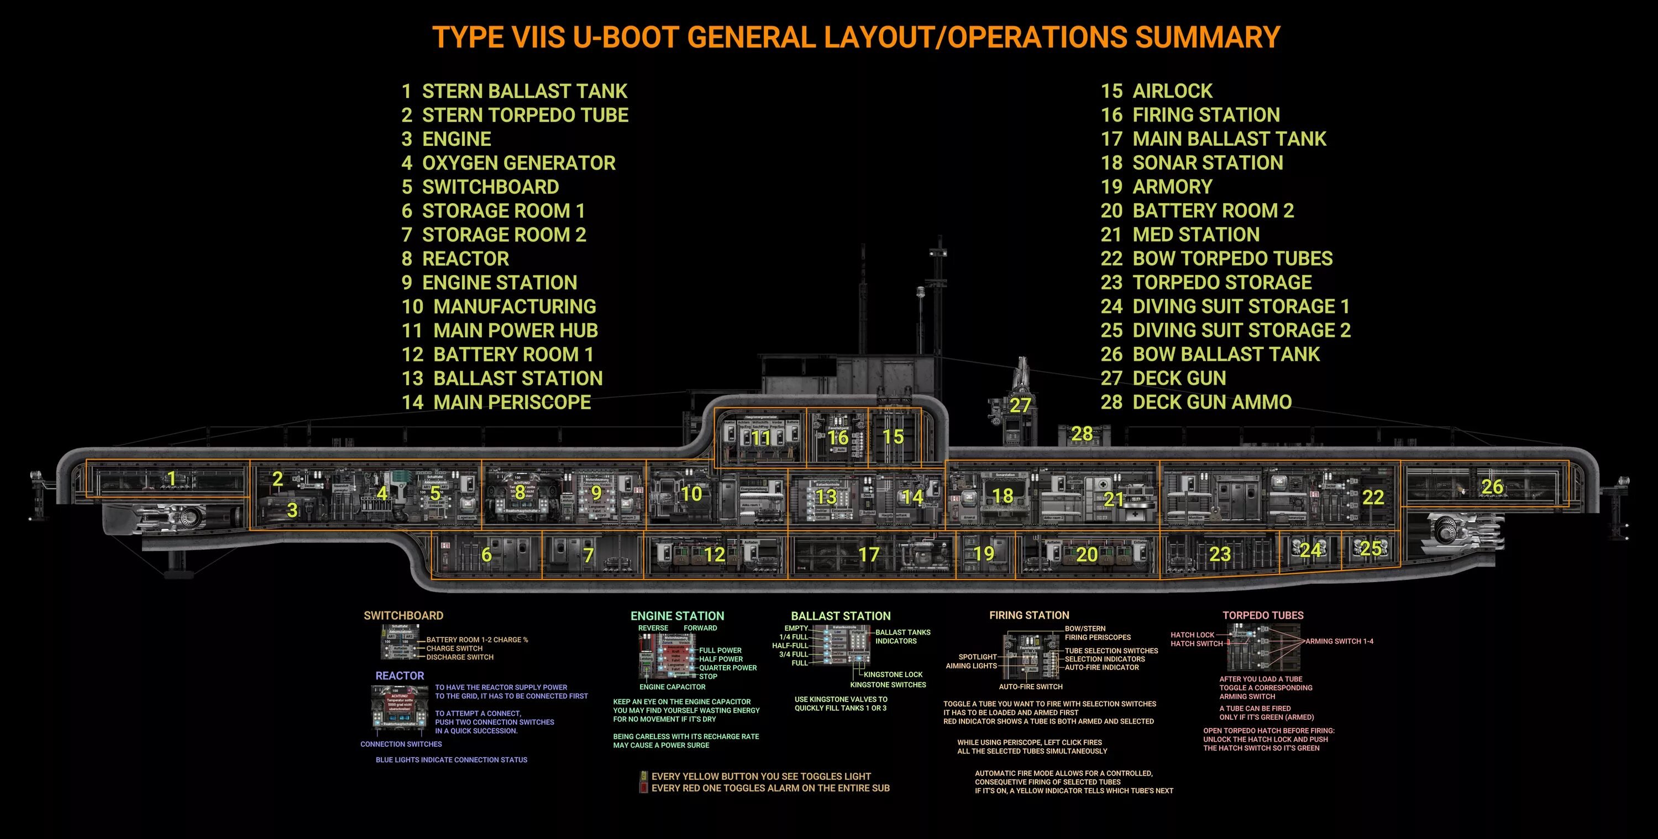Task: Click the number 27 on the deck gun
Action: click(1020, 405)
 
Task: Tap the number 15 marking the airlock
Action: click(893, 437)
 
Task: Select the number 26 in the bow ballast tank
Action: click(1492, 487)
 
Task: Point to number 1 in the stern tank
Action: click(172, 478)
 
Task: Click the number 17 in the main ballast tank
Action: click(868, 554)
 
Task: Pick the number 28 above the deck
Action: click(1082, 434)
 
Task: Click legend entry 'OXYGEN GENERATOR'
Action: click(518, 163)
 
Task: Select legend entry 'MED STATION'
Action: click(1195, 234)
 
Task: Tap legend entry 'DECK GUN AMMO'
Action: click(1211, 402)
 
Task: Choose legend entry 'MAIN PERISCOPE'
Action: click(512, 402)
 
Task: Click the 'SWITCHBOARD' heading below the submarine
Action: click(403, 616)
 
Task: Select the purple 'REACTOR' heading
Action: click(400, 676)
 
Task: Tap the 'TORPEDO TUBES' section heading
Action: click(1263, 616)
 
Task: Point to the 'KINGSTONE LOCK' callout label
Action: click(893, 675)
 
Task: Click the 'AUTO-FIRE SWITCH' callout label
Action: click(1031, 687)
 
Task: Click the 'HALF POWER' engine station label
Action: click(721, 659)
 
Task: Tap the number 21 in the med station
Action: click(1114, 499)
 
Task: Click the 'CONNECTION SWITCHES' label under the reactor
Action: click(401, 745)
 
